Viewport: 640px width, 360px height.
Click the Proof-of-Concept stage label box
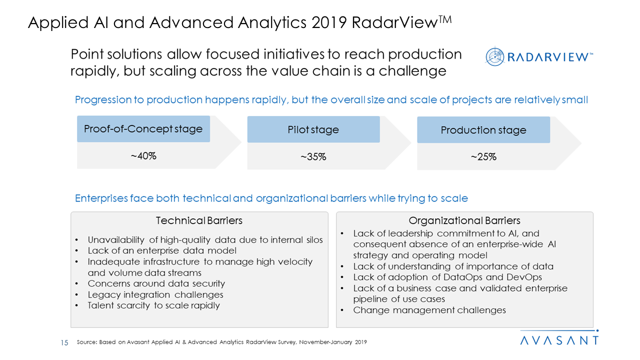[143, 129]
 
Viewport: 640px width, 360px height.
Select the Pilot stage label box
[313, 130]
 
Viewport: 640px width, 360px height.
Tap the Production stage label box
[483, 130]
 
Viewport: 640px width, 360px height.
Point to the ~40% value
[143, 156]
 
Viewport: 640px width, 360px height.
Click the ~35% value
[313, 157]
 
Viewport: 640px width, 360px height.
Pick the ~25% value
[483, 157]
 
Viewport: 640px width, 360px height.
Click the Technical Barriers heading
[199, 220]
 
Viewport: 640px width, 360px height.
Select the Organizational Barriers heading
[464, 220]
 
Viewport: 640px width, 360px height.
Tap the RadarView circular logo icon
[495, 56]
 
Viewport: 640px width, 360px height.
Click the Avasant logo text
[559, 340]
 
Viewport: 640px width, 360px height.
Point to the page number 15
[64, 342]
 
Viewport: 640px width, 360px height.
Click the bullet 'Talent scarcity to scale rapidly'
[153, 305]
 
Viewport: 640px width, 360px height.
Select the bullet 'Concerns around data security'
[156, 283]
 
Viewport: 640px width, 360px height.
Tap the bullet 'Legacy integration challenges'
[155, 294]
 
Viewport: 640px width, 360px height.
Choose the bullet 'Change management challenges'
[429, 310]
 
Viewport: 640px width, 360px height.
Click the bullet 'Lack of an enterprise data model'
[162, 250]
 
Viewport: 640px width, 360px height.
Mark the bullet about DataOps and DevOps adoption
[447, 277]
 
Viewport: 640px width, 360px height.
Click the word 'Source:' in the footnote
[87, 342]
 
